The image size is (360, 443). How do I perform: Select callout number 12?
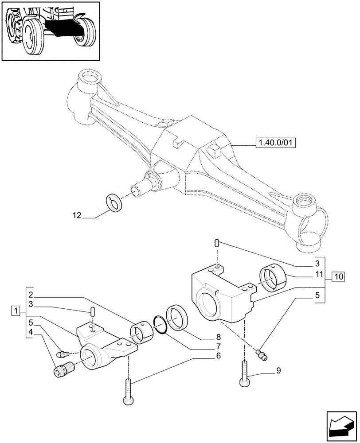pos(77,216)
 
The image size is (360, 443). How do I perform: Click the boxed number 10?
pos(337,277)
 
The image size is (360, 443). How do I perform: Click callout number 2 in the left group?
pos(31,295)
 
